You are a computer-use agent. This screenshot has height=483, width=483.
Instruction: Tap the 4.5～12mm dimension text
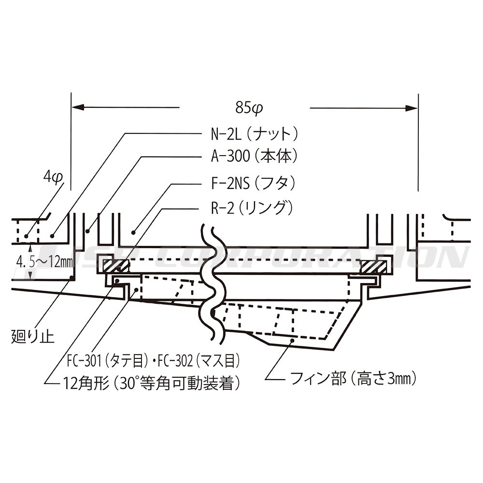[44, 262]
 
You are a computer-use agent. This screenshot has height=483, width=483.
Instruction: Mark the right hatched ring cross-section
[373, 266]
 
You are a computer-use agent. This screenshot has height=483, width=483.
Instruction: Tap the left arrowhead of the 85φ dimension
[78, 108]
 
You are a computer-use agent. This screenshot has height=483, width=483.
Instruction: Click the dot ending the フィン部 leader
[292, 341]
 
